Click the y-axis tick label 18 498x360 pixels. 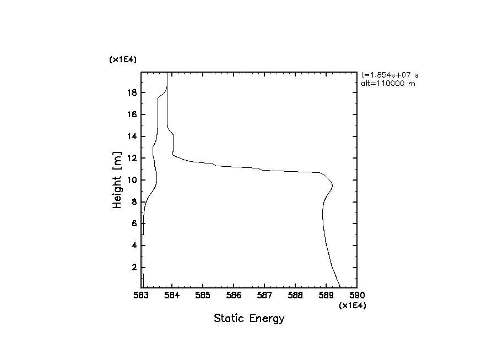132,92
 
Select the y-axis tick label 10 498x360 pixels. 132,180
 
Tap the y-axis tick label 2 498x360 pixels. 134,268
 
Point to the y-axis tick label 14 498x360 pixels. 132,137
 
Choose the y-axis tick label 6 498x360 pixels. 134,223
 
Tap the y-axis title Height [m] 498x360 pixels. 117,180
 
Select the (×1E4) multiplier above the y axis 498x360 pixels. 123,59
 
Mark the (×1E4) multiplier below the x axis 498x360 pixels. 353,306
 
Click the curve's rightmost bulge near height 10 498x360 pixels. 332,184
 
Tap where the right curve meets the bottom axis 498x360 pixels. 340,287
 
